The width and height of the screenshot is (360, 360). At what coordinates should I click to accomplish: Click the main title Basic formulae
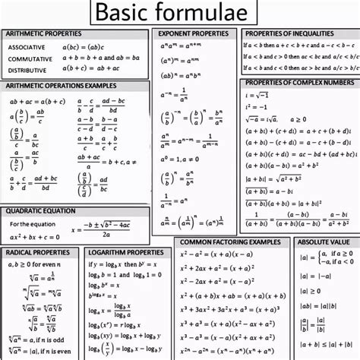point(181,13)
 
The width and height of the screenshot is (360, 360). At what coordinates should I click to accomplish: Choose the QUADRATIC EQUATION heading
point(39,210)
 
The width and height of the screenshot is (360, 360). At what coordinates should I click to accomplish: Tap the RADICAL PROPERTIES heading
point(37,251)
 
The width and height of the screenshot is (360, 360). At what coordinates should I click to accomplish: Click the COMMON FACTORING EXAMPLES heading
point(229,242)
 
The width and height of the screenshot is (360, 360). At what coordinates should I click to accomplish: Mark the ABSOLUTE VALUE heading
point(323,242)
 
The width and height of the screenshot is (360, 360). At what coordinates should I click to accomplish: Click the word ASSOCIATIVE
point(26,47)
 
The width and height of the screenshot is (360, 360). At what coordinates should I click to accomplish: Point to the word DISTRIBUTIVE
point(27,69)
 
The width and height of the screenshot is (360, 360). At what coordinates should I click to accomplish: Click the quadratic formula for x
point(104,227)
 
